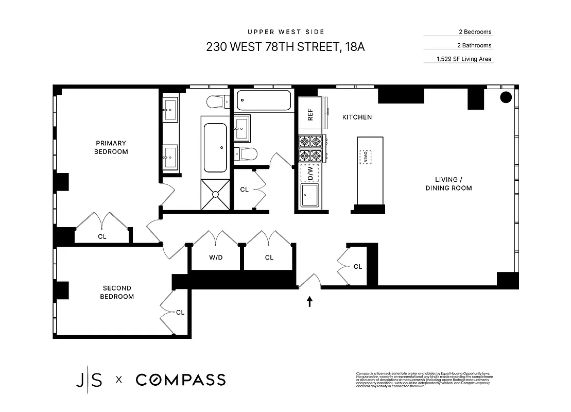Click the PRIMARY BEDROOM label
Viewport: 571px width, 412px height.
pos(111,147)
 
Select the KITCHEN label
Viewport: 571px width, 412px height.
pos(357,117)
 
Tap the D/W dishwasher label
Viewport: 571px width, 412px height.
pos(310,174)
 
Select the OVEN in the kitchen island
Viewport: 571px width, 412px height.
pos(366,157)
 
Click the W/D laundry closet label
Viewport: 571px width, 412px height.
pos(216,257)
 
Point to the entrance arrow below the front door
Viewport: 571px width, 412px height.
pos(309,301)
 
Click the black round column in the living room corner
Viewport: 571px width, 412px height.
pos(506,97)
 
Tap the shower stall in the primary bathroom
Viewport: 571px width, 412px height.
pos(215,194)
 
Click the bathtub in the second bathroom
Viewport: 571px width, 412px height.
pos(264,100)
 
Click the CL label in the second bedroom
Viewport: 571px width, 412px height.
pos(180,312)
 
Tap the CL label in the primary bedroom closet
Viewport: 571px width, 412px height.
pos(102,237)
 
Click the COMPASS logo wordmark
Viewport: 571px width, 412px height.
pos(181,380)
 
